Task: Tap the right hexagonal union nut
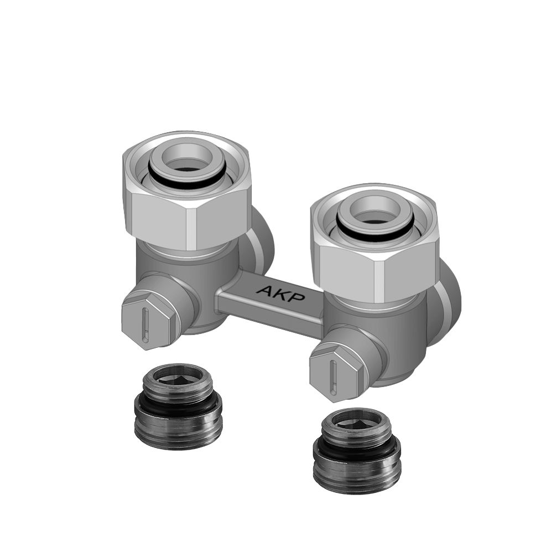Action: pyautogui.click(x=375, y=271)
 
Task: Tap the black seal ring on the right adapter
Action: pyautogui.click(x=356, y=449)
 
